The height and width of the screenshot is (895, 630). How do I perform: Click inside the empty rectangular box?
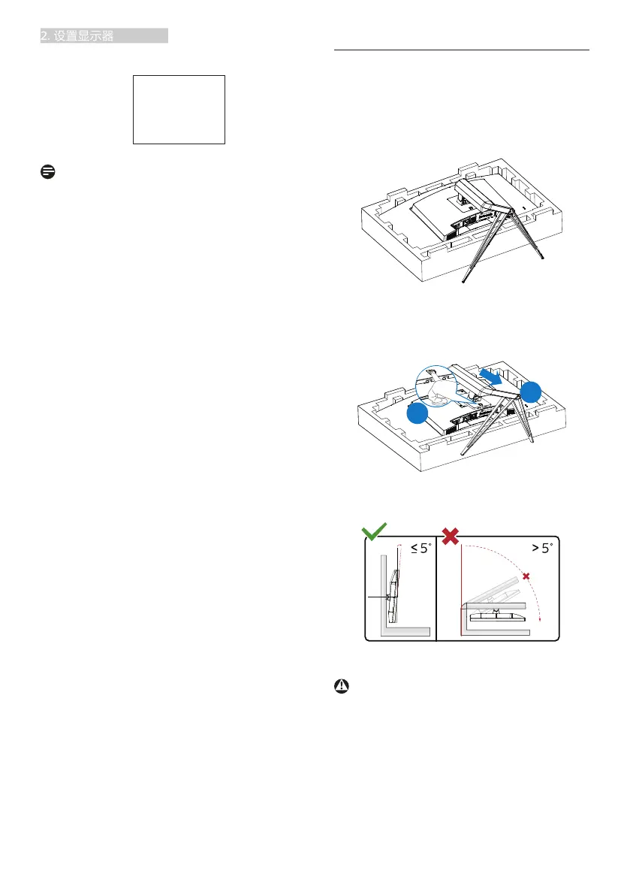(x=179, y=109)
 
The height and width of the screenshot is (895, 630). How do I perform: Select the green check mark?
(x=374, y=533)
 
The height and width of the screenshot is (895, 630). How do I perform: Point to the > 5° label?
(x=539, y=548)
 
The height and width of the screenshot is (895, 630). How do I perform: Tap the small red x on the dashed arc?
(x=526, y=576)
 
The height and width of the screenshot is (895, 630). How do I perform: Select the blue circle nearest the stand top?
(x=532, y=392)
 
